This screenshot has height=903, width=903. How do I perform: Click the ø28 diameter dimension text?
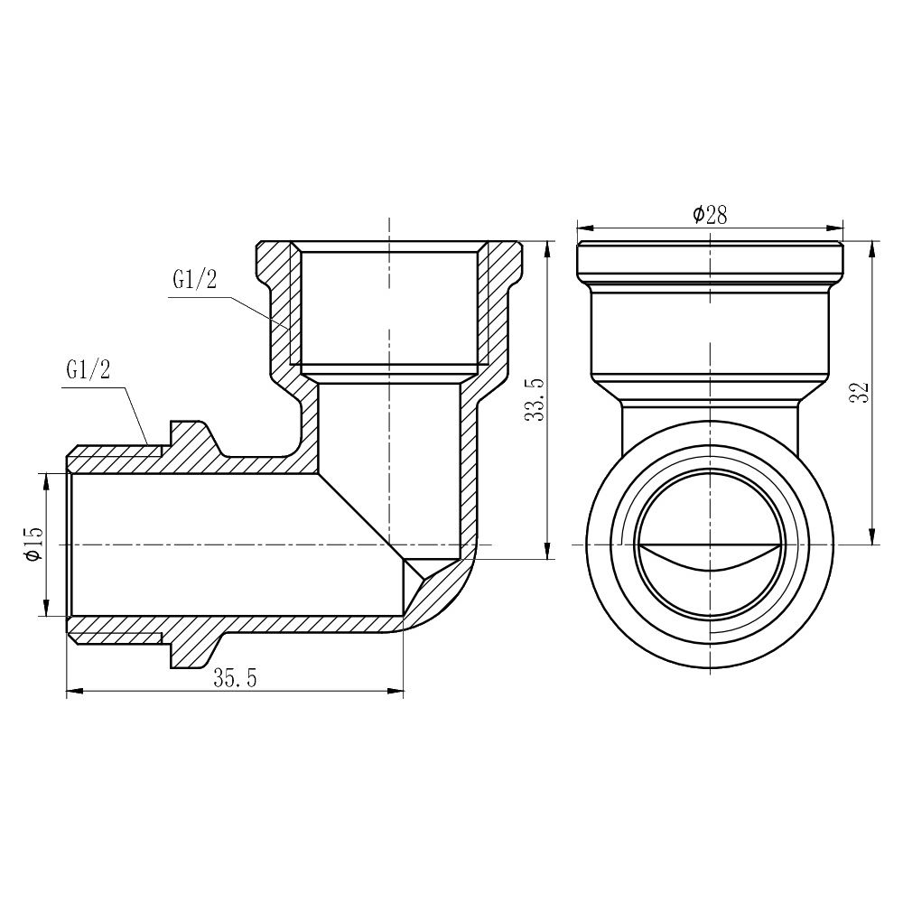coord(710,214)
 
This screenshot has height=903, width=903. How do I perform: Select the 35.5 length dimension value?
coord(236,680)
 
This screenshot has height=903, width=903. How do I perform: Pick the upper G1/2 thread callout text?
coord(194,280)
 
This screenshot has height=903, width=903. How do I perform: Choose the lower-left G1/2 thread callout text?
coord(88,371)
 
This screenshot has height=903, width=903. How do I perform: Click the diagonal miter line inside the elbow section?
coord(361,515)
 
